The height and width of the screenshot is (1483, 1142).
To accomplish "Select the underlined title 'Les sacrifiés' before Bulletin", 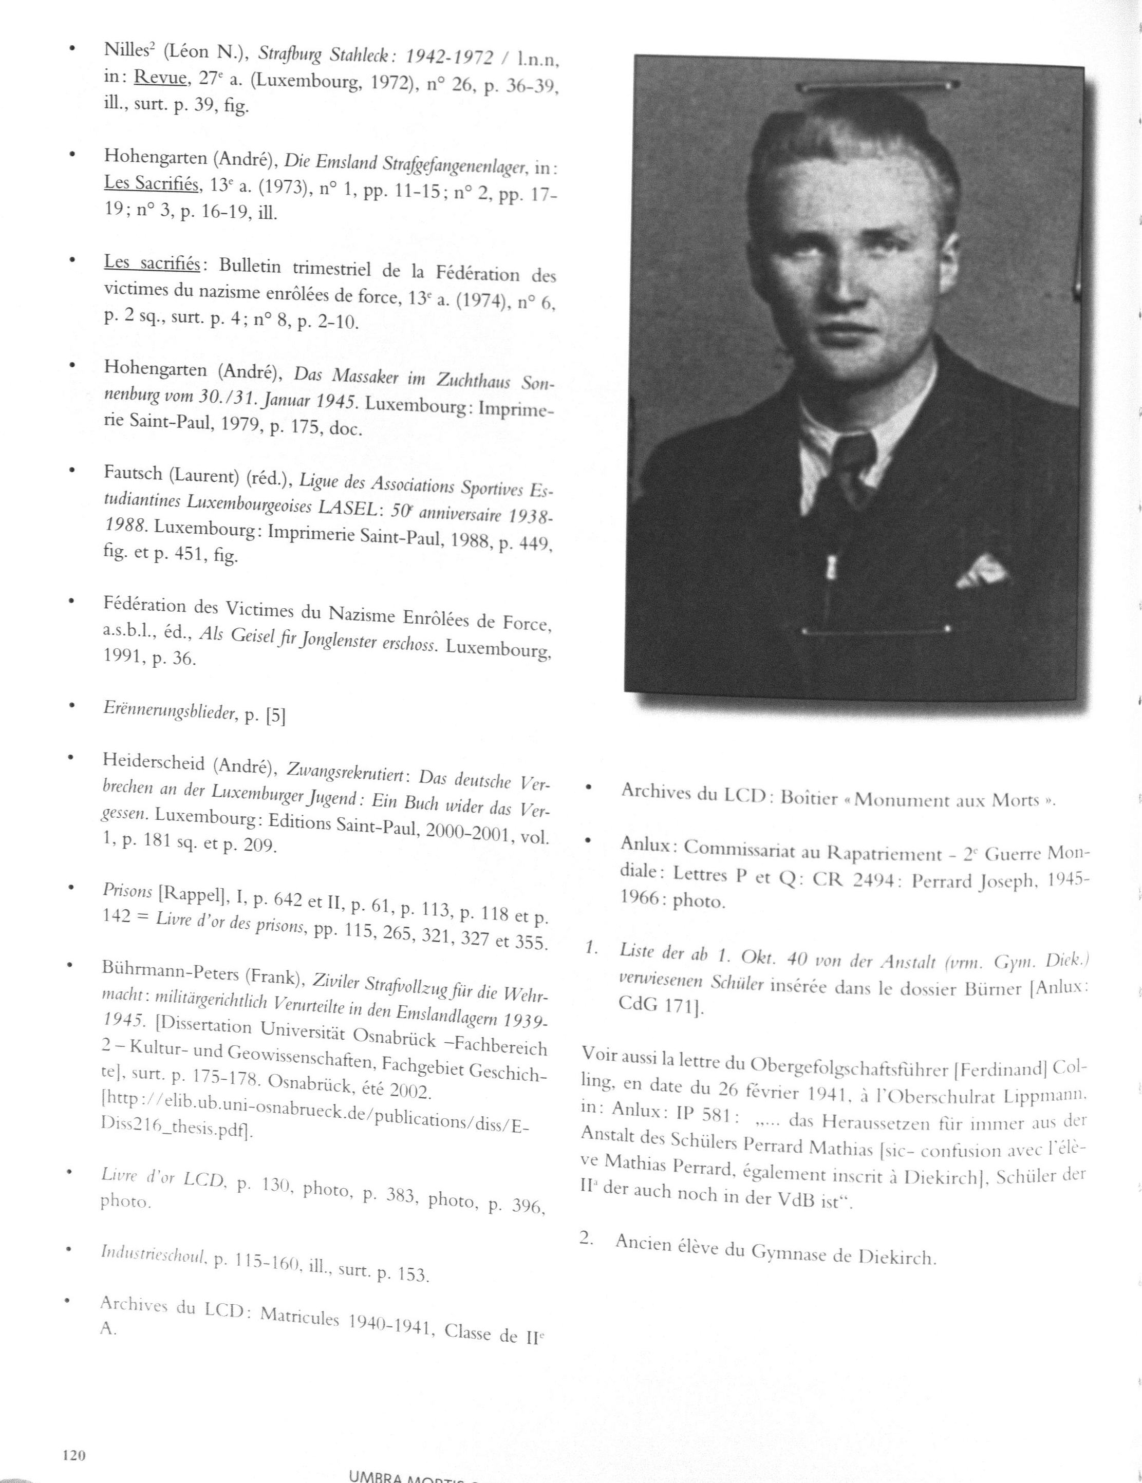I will [151, 264].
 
